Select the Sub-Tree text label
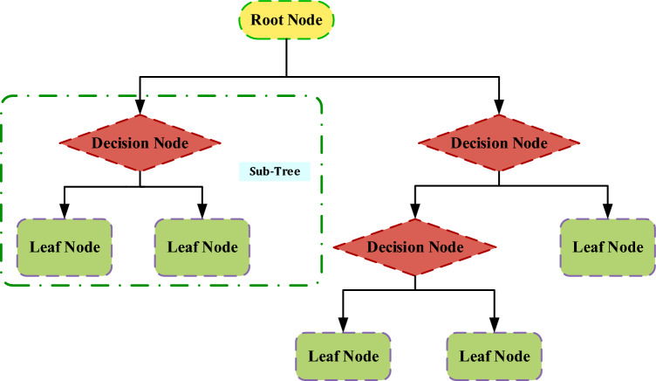coord(276,171)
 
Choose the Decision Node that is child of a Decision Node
coord(414,247)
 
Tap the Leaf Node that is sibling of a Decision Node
coord(607,246)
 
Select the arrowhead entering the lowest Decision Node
coord(414,211)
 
